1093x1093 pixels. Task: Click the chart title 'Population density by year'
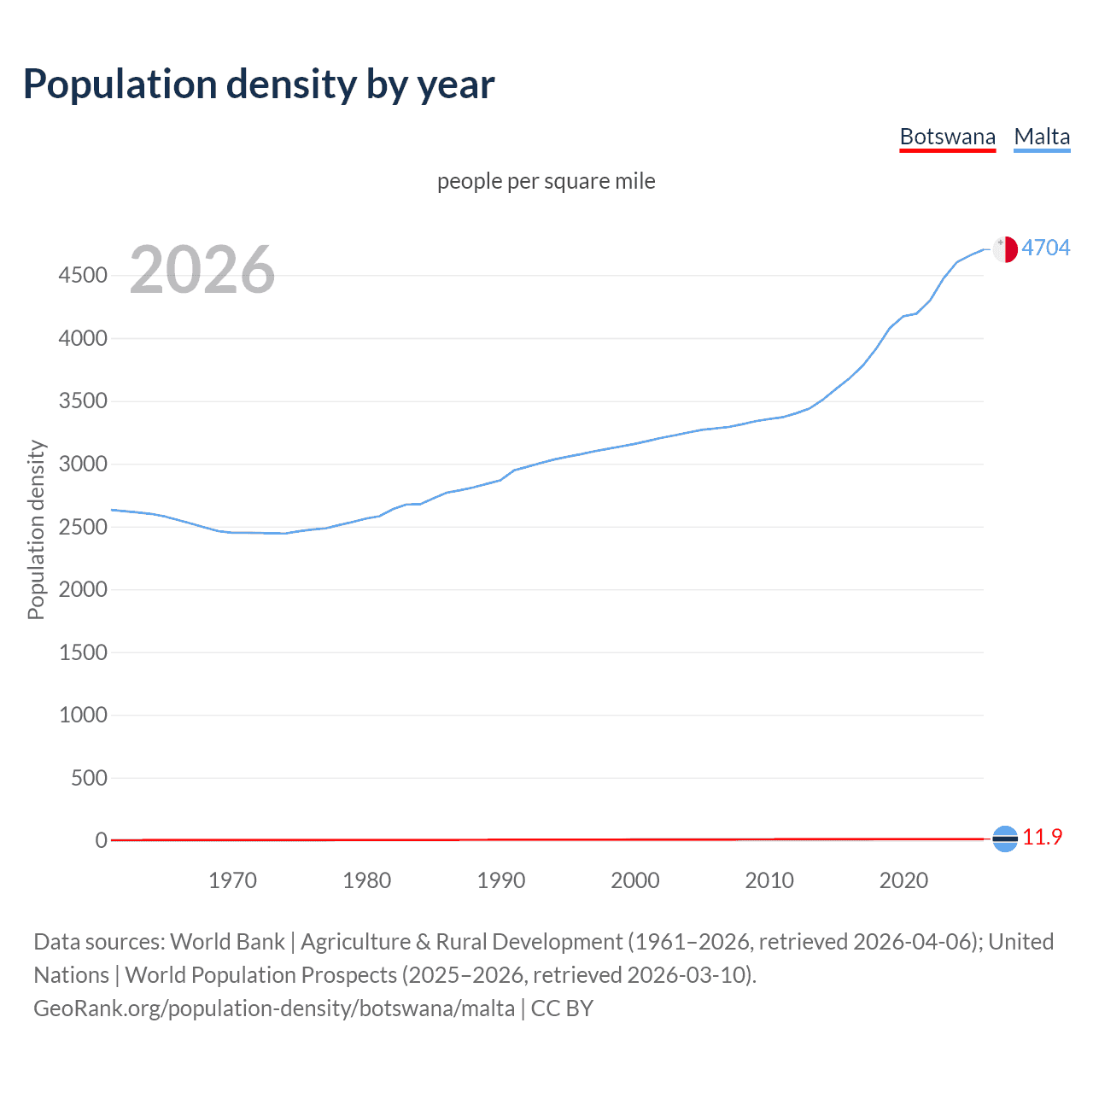coord(259,85)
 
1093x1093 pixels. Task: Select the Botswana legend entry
coord(947,137)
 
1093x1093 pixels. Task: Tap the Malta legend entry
coord(1042,137)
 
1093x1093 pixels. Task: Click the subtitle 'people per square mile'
coord(546,181)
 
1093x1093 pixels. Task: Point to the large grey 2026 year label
coord(202,270)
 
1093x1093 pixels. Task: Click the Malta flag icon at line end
coord(1005,248)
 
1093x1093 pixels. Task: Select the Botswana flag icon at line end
coord(1005,839)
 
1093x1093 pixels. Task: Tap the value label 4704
coord(1045,248)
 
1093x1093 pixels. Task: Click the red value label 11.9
coord(1042,838)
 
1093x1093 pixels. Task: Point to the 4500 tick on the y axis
coord(83,275)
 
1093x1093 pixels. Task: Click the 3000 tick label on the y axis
coord(83,464)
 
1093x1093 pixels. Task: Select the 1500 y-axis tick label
coord(83,652)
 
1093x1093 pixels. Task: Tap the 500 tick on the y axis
coord(89,778)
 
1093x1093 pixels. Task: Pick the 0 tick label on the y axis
coord(102,840)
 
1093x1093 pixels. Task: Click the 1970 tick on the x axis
coord(232,880)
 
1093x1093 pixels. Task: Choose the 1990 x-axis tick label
coord(501,880)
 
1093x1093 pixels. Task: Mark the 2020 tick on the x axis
coord(903,880)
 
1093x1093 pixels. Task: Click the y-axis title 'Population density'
coord(36,529)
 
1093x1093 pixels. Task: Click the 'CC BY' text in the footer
coord(562,1008)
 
